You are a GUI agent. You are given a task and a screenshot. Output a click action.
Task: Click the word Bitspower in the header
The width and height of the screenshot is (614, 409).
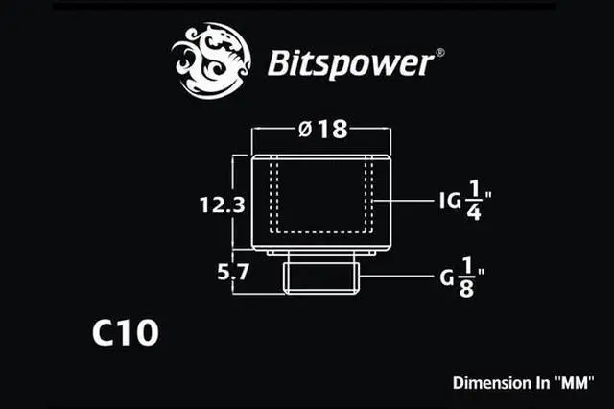click(x=349, y=64)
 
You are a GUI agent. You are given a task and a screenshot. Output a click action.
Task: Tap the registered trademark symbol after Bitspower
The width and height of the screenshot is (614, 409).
click(x=439, y=52)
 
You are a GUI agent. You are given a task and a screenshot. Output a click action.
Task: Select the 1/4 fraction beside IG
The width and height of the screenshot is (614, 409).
click(x=474, y=203)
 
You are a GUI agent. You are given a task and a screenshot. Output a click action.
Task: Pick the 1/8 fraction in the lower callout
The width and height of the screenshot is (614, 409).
click(x=466, y=277)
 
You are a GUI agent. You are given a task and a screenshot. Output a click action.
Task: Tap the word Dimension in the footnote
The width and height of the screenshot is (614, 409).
click(x=490, y=382)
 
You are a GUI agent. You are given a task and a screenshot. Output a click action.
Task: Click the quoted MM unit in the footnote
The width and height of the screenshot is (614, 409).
click(x=574, y=382)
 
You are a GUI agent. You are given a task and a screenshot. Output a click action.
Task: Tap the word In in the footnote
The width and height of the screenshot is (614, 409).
click(x=540, y=382)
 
